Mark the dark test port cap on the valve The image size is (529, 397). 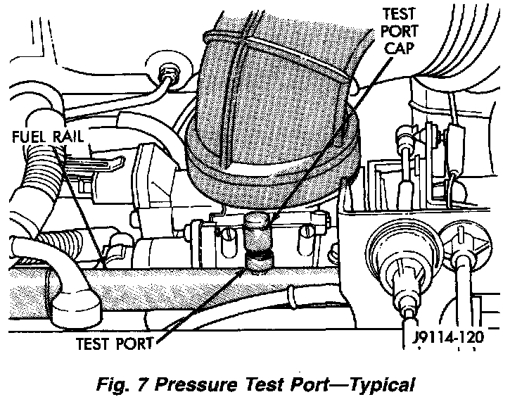pyautogui.click(x=259, y=227)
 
